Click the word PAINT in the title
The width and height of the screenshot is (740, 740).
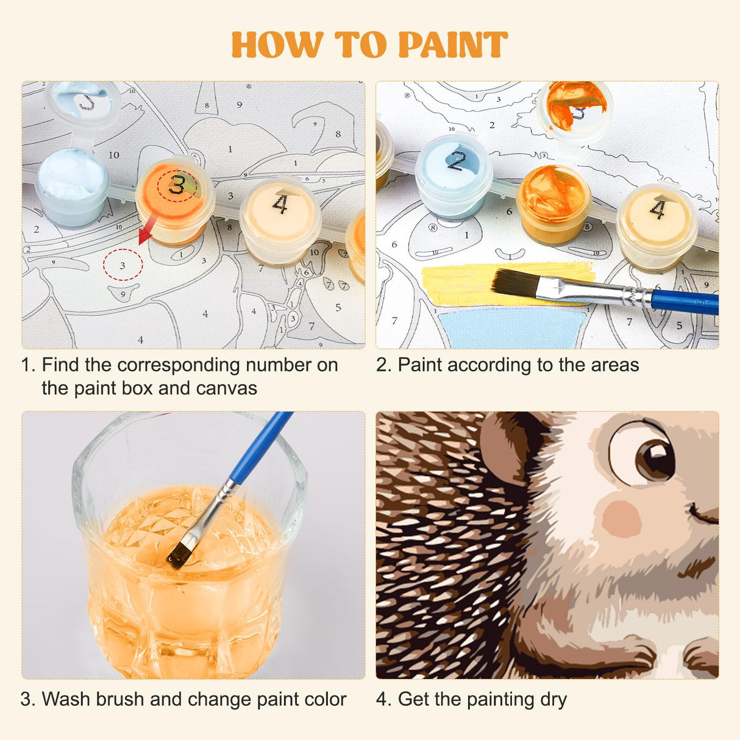click(452, 45)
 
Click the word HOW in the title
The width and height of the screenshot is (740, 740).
click(277, 45)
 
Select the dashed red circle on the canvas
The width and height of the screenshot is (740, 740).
click(123, 265)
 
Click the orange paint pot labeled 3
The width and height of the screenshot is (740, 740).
click(176, 195)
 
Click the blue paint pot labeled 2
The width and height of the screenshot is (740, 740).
click(454, 174)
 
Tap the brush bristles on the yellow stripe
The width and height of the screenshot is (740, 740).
click(515, 283)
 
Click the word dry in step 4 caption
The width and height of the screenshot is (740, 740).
click(552, 699)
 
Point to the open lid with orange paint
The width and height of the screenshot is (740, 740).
click(575, 107)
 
